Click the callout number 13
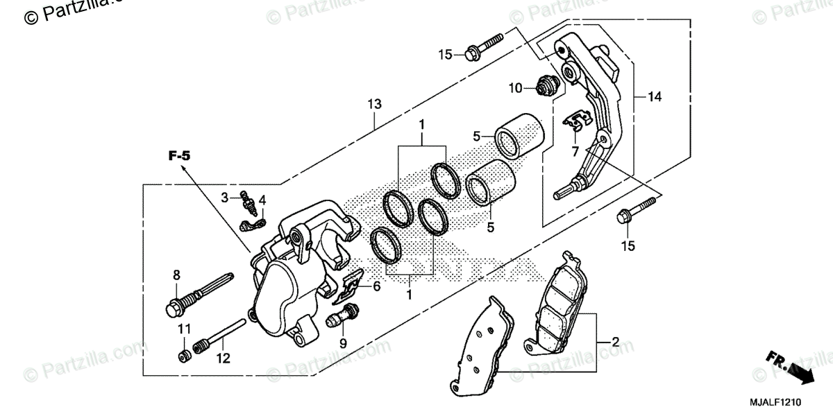coord(374,105)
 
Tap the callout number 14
coord(654,98)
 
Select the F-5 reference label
coord(178,156)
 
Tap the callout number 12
coord(221,359)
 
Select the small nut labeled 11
coord(184,357)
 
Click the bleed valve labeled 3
coord(245,200)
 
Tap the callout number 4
coord(262,200)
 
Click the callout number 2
coord(614,343)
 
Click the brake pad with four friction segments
coord(560,305)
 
